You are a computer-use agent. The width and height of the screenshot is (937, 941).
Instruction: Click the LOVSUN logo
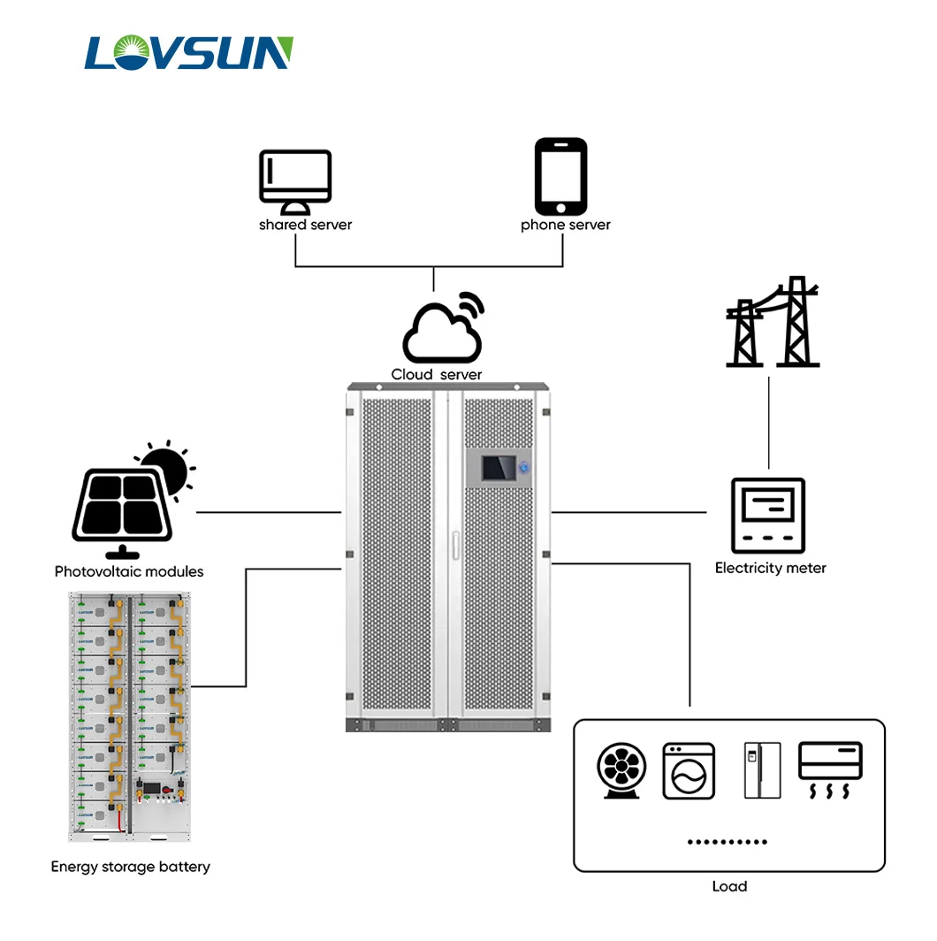(188, 53)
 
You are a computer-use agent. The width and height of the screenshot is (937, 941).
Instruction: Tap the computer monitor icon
(295, 181)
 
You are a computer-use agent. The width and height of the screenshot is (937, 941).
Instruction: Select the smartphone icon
(560, 176)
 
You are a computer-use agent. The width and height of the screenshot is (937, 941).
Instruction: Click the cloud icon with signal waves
(444, 330)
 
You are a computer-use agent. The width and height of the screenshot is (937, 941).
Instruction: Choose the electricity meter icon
(768, 516)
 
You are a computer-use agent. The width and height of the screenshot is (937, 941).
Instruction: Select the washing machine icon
(689, 771)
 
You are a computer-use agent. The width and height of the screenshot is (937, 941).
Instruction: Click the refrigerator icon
(762, 770)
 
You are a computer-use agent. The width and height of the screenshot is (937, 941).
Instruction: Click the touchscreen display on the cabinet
(498, 469)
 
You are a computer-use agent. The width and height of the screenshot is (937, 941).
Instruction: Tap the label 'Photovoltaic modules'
(129, 571)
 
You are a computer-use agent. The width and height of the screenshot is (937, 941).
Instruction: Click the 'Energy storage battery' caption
(130, 867)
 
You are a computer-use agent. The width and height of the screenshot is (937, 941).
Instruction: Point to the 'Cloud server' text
(437, 375)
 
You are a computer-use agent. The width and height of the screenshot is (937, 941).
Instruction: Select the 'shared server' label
(305, 225)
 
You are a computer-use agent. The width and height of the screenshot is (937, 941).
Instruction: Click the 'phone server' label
(566, 225)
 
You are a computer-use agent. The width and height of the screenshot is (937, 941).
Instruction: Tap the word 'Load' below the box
(729, 886)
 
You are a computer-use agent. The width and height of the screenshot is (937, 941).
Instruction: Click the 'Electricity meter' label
(770, 568)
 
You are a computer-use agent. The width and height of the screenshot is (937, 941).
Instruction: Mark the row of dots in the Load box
(728, 842)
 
